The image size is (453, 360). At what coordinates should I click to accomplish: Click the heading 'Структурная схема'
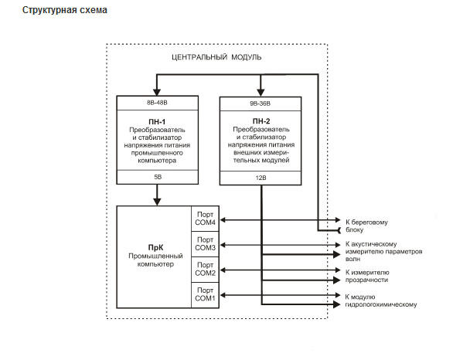65,10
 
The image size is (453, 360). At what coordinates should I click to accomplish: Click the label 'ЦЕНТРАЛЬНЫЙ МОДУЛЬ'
216,57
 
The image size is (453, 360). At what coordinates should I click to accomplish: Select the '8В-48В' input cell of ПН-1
158,103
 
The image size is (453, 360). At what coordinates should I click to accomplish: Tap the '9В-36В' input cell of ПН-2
261,104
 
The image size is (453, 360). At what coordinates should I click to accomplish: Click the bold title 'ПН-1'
157,122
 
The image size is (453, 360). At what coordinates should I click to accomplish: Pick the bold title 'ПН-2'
261,121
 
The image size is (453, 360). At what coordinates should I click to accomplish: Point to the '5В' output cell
158,177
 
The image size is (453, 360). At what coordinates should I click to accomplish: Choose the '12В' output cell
261,178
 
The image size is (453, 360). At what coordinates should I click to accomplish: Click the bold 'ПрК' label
155,248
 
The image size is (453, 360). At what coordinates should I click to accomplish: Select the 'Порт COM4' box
205,219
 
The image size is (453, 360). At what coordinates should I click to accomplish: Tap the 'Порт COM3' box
205,244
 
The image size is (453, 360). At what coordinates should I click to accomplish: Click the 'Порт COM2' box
205,270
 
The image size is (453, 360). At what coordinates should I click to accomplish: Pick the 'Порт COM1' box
205,295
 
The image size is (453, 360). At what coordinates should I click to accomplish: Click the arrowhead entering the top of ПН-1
157,92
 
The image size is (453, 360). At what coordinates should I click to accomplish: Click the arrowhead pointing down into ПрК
157,202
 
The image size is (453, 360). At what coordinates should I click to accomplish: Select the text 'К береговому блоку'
366,226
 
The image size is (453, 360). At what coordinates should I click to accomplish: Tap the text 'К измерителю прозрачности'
367,277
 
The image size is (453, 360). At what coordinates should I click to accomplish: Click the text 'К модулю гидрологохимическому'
381,301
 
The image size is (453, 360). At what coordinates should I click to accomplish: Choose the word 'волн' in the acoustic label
353,260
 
